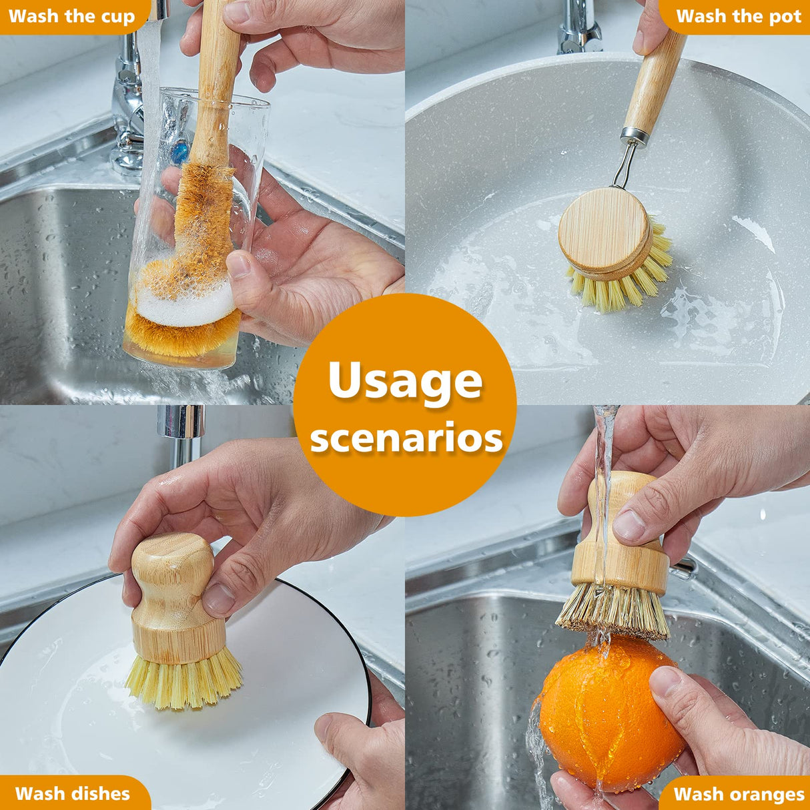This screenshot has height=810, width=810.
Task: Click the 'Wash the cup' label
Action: point(71,16)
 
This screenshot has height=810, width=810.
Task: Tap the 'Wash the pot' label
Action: point(738,16)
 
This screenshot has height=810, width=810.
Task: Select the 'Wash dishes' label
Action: point(72,793)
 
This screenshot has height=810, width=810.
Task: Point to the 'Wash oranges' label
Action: point(739,794)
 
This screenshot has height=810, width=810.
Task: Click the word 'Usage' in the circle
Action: point(405,381)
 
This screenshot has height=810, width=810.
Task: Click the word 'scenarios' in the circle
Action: point(406,438)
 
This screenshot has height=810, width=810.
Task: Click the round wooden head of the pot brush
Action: point(604,230)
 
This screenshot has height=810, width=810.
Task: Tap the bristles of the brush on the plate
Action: point(183,681)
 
